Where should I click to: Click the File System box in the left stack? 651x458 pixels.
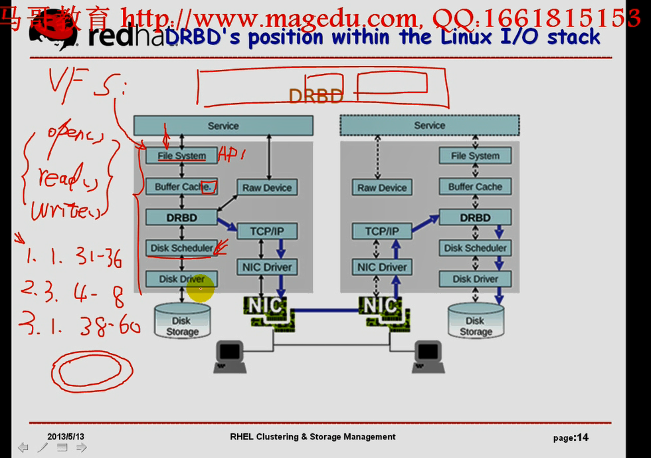(x=181, y=156)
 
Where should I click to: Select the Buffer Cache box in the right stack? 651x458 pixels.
(x=475, y=187)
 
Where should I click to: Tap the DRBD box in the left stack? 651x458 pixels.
(x=181, y=217)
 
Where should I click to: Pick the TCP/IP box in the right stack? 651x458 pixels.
(x=382, y=231)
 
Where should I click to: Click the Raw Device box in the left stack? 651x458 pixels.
(x=266, y=187)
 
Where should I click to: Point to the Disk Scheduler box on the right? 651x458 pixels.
(x=475, y=248)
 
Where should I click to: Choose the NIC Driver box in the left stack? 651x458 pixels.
(x=267, y=267)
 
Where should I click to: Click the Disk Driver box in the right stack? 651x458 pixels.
(x=475, y=279)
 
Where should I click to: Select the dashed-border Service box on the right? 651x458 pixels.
(x=429, y=126)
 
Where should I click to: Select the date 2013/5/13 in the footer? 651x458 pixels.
(x=66, y=437)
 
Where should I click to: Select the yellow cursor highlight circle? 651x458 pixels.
(x=200, y=288)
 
